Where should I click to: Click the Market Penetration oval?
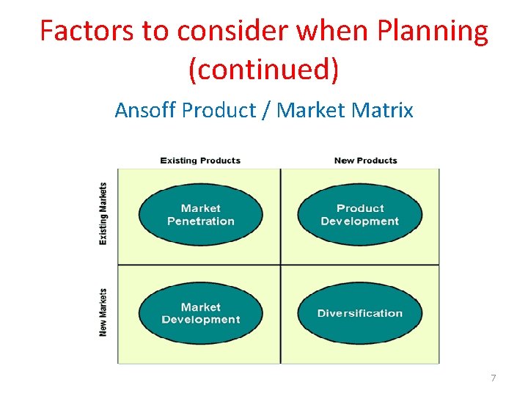click(200, 214)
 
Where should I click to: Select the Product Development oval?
click(359, 214)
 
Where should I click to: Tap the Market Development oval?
click(200, 313)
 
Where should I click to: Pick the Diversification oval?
click(359, 313)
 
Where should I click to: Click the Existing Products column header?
click(200, 161)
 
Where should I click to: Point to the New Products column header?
click(365, 161)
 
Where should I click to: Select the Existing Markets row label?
click(103, 213)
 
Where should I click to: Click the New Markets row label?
click(103, 312)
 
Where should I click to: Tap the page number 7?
click(493, 378)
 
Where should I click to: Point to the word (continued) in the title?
click(264, 70)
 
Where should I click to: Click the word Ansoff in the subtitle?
click(145, 111)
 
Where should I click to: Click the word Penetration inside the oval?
click(200, 221)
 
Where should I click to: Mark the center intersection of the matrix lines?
click(280, 265)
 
